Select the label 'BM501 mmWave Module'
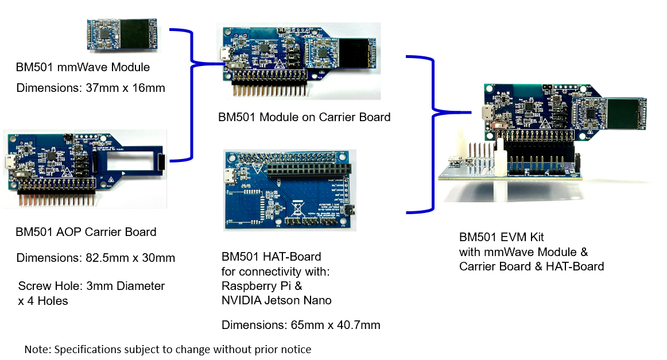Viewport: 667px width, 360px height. pos(83,68)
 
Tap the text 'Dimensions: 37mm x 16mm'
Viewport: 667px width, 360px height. pos(91,88)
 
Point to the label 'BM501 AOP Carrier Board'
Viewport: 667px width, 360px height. pos(86,233)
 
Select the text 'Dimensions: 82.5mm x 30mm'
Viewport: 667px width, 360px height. pos(95,258)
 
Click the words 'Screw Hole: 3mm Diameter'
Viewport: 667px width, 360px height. pos(91,286)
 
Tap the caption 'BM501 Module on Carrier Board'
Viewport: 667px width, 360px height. pos(304,117)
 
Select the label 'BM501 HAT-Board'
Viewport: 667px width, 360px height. pos(271,256)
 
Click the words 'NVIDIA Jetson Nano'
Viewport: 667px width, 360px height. pos(276,300)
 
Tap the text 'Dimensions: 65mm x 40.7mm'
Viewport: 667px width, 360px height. pos(301,326)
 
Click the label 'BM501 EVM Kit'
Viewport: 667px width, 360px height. pos(501,237)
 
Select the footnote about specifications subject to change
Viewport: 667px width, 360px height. pos(168,349)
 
